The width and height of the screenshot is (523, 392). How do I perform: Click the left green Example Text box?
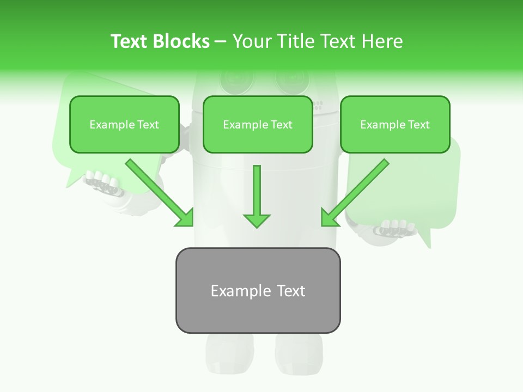coord(124,124)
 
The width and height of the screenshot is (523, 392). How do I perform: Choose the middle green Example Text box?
coord(258,124)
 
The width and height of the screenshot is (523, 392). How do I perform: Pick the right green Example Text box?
coord(395,124)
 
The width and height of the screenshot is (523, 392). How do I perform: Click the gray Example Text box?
coord(258,290)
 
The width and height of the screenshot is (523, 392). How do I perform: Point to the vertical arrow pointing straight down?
coord(257,196)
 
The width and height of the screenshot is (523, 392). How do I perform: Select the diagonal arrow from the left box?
coord(160,193)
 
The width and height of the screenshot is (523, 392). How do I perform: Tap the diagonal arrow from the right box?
coord(355,193)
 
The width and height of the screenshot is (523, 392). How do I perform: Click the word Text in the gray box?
coord(291,291)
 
